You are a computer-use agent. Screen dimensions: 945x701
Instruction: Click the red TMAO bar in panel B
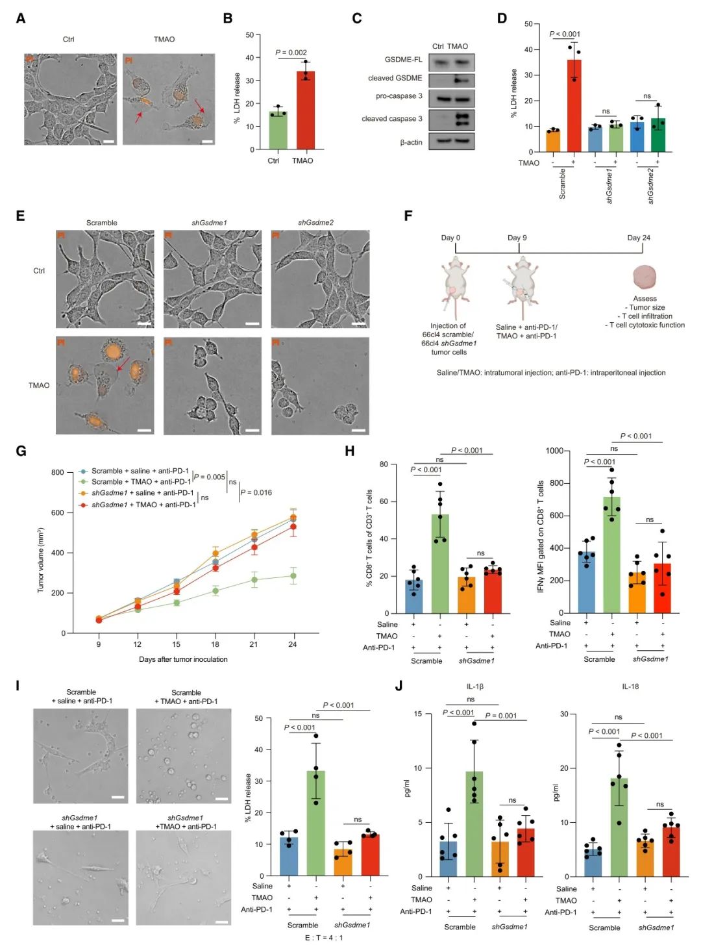point(305,110)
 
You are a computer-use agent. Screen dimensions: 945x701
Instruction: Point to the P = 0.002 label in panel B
point(291,53)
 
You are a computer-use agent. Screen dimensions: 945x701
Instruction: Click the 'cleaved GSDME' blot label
point(395,78)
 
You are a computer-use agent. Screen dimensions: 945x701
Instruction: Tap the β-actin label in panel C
point(411,142)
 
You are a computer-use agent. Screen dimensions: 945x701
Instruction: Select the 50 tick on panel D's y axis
point(528,24)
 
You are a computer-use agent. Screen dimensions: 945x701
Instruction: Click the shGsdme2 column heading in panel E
point(315,223)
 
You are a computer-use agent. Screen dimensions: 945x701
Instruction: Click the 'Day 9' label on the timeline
point(517,238)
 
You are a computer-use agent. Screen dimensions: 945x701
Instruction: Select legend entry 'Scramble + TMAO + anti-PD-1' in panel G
point(141,482)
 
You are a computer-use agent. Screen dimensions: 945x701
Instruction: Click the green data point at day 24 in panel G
point(293,576)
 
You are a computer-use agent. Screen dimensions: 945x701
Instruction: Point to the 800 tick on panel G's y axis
point(58,472)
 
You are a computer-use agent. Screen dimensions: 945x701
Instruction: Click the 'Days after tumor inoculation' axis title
point(183,659)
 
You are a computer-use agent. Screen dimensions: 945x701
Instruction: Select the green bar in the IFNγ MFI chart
point(611,555)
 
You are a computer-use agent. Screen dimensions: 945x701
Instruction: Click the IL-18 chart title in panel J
point(630,687)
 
